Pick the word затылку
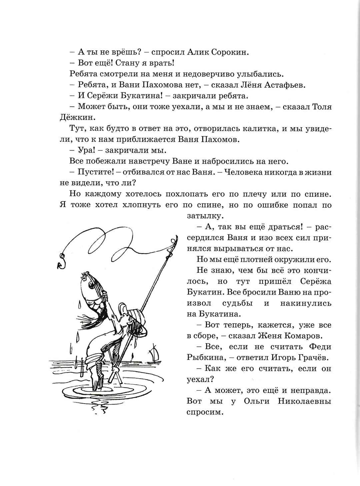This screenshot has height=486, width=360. [x=200, y=216]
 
